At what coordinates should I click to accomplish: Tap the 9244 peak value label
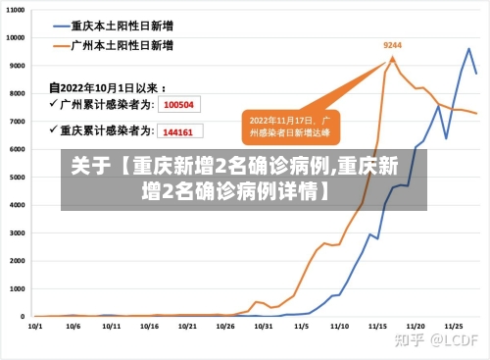(x=392, y=45)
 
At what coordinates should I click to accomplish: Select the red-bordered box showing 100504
(x=178, y=104)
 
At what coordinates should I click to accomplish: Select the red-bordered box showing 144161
(x=178, y=130)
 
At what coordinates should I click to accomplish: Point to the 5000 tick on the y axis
(x=16, y=178)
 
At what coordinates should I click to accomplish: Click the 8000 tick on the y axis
(x=16, y=93)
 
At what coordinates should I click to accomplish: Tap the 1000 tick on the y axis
(x=16, y=289)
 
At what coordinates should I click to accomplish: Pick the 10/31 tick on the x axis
(x=264, y=326)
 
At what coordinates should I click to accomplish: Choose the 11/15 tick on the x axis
(x=377, y=326)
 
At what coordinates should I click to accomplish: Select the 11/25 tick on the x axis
(x=454, y=326)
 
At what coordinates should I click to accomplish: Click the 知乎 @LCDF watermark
(x=435, y=339)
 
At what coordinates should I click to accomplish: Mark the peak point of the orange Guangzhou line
(x=393, y=58)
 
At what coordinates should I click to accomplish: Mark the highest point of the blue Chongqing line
(x=469, y=48)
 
